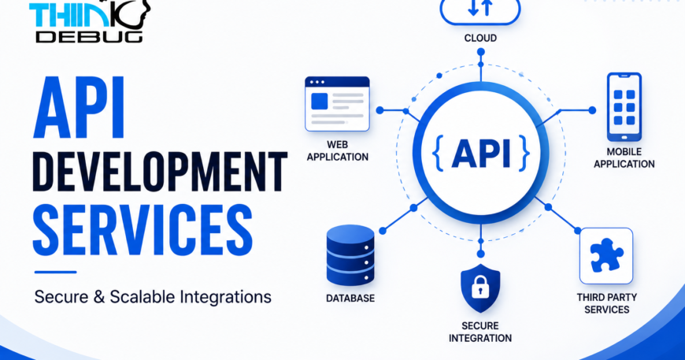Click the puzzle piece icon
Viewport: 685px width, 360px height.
coord(606,255)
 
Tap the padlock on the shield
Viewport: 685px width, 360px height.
coord(480,288)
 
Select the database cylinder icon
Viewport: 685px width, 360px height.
coord(350,255)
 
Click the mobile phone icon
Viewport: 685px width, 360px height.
coord(624,106)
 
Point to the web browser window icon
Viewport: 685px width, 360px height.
coord(337,104)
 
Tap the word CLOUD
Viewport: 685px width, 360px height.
coord(480,39)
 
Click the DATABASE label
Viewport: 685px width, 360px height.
coord(350,299)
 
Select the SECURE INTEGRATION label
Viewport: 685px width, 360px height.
coord(480,332)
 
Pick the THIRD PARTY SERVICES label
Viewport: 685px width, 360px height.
coord(607,303)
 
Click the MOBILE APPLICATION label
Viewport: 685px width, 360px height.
coord(624,158)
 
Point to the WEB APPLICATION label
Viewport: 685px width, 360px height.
coord(337,150)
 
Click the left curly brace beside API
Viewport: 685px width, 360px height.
coord(438,153)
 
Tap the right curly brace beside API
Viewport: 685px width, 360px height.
coord(524,153)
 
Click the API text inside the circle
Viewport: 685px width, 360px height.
coord(481,153)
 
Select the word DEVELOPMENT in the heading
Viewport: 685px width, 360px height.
coord(160,172)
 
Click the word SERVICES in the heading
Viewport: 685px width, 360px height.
coord(143,229)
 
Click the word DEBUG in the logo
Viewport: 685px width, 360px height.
coord(89,36)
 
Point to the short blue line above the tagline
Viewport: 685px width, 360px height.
coord(55,273)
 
